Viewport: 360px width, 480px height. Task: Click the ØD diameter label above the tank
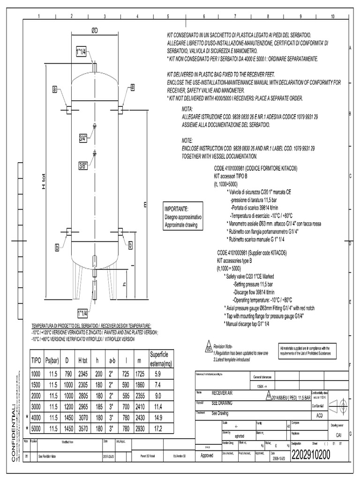(x=95, y=30)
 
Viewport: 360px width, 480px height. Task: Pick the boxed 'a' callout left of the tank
(x=54, y=88)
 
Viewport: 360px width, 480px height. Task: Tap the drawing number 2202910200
(x=311, y=455)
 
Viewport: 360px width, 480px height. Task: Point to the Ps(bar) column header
(x=51, y=360)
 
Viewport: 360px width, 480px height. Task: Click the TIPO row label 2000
(x=36, y=396)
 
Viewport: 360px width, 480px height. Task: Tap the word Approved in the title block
(x=207, y=455)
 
